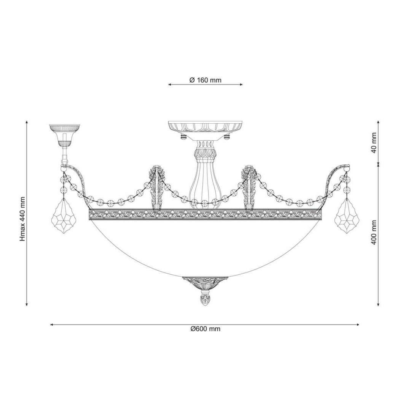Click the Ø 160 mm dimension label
[x=205, y=80]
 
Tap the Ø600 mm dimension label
[x=205, y=329]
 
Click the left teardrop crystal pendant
[x=64, y=215]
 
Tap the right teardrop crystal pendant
[x=347, y=215]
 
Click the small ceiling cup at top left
[x=64, y=135]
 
